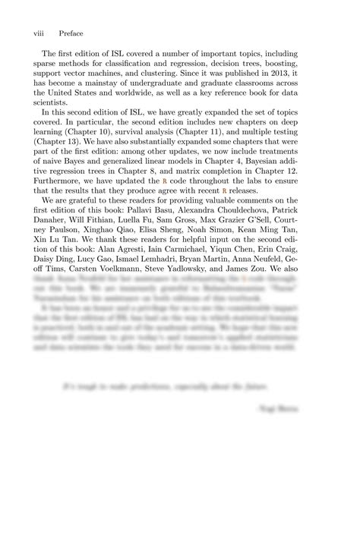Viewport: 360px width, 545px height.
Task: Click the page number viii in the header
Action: click(x=39, y=33)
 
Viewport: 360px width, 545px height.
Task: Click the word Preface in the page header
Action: click(x=70, y=33)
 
